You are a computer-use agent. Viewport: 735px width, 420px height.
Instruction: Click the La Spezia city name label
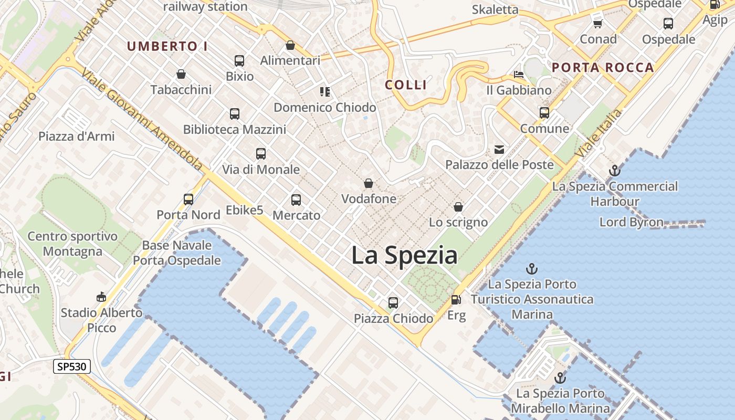tap(404, 256)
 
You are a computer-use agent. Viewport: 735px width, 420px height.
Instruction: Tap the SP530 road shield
tap(72, 366)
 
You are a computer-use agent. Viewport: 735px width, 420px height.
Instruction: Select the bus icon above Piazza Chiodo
tap(393, 302)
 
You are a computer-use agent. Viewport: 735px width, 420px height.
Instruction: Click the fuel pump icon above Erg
tap(456, 300)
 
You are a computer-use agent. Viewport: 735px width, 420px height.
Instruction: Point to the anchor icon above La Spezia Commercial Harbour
tap(614, 171)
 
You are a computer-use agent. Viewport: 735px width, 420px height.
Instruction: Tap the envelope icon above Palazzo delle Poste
tap(499, 150)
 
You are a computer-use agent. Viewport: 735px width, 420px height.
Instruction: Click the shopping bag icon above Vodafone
tap(369, 183)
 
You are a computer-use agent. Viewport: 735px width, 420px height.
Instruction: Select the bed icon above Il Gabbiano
tap(519, 75)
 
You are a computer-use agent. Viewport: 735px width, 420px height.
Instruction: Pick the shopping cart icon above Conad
tap(597, 24)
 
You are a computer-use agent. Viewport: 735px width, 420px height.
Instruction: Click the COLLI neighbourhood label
tap(406, 85)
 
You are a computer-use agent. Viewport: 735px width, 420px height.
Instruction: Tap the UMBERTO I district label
tap(167, 46)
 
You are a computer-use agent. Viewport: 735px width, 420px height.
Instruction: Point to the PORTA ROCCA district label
tap(603, 67)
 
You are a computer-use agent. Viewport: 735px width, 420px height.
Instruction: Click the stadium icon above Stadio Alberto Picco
tap(101, 297)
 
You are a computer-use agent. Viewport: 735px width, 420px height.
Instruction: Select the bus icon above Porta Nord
tap(188, 199)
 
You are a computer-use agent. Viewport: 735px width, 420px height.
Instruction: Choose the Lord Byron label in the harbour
tap(632, 222)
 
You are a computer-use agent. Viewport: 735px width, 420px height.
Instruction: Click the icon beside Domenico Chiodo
tap(325, 92)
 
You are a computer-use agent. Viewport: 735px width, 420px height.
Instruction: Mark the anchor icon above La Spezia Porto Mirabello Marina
tap(560, 378)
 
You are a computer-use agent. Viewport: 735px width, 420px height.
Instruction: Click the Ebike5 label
tap(244, 210)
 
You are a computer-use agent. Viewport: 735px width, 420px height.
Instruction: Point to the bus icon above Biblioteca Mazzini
tap(235, 114)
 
